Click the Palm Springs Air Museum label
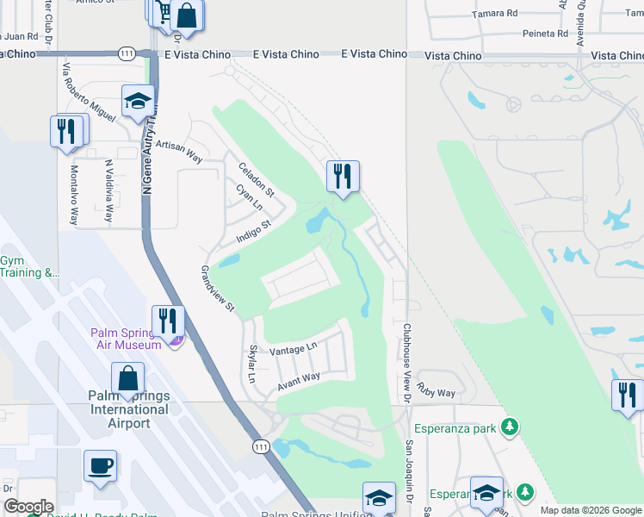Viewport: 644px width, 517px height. pyautogui.click(x=127, y=339)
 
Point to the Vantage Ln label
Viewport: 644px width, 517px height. pyautogui.click(x=293, y=350)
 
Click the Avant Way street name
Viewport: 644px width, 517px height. pyautogui.click(x=298, y=383)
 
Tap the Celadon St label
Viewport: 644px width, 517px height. pyautogui.click(x=257, y=179)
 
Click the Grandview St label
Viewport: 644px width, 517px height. pyautogui.click(x=218, y=289)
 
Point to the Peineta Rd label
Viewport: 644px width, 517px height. pyautogui.click(x=546, y=34)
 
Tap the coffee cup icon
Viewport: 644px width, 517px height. pyautogui.click(x=100, y=465)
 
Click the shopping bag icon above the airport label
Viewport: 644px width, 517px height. pyautogui.click(x=127, y=377)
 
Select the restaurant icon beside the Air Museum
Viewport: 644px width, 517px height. pyautogui.click(x=169, y=321)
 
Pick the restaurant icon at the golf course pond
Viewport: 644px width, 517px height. pyautogui.click(x=343, y=176)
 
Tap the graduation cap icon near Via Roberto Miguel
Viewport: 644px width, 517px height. pyautogui.click(x=138, y=101)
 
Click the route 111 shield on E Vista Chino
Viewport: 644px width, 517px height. pyautogui.click(x=127, y=53)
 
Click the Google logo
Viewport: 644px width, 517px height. pyautogui.click(x=28, y=507)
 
